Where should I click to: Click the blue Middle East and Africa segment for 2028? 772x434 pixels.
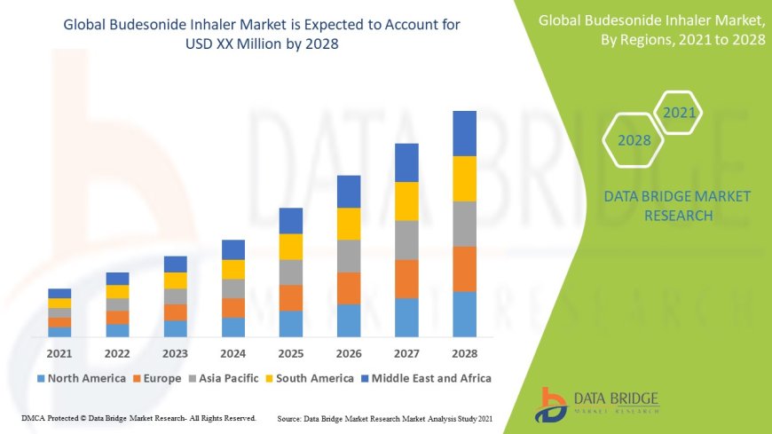pyautogui.click(x=464, y=133)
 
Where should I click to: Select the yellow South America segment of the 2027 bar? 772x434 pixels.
pyautogui.click(x=406, y=201)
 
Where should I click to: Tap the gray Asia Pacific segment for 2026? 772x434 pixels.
pyautogui.click(x=349, y=256)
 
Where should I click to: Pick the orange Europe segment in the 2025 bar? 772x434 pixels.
pyautogui.click(x=291, y=297)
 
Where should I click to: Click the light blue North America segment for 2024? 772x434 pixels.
pyautogui.click(x=233, y=327)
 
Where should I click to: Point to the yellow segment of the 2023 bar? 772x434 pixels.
pyautogui.click(x=176, y=280)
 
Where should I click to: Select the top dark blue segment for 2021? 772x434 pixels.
pyautogui.click(x=59, y=293)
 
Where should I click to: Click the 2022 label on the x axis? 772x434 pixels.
pyautogui.click(x=117, y=353)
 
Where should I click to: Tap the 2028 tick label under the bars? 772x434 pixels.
pyautogui.click(x=464, y=353)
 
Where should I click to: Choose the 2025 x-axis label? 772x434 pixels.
pyautogui.click(x=291, y=353)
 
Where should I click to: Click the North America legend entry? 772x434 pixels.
pyautogui.click(x=81, y=378)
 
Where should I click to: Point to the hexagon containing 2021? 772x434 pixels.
pyautogui.click(x=679, y=113)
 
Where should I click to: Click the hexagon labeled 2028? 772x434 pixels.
pyautogui.click(x=634, y=140)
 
